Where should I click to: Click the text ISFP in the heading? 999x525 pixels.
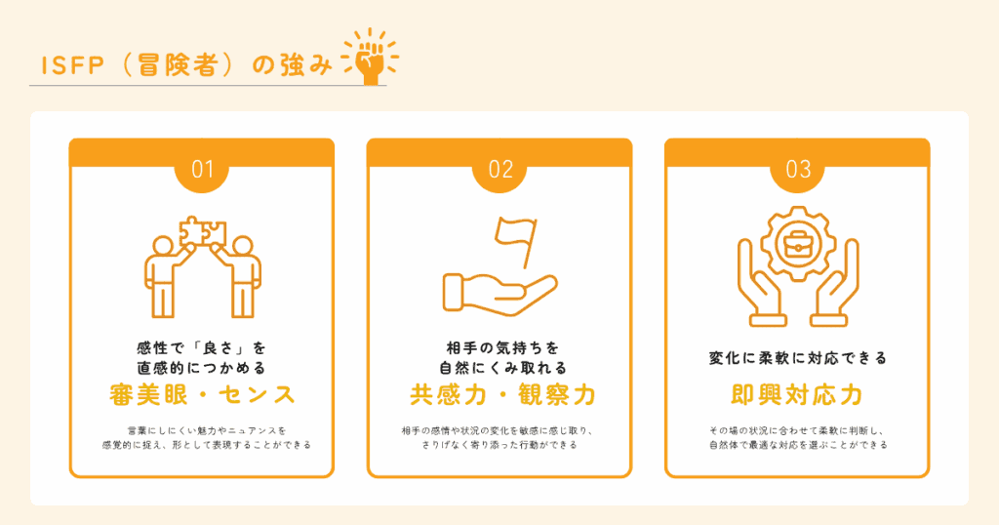pos(72,65)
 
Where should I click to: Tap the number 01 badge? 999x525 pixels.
pos(202,170)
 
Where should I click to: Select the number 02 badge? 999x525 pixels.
pos(500,170)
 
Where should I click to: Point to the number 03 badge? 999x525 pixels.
pos(798,170)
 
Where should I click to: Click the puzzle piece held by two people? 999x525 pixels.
pos(203,232)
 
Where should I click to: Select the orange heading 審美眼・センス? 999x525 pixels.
pos(202,395)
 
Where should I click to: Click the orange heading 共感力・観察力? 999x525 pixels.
pos(501,395)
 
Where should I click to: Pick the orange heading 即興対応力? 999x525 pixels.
pos(796,395)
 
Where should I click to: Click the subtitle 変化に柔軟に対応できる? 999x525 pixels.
pos(798,358)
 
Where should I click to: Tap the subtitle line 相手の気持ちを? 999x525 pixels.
pos(501,347)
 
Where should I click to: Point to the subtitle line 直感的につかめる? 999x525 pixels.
pos(202,368)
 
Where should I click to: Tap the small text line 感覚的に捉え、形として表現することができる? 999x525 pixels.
pos(207,445)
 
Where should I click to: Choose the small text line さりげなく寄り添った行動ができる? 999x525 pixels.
pos(499,445)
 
